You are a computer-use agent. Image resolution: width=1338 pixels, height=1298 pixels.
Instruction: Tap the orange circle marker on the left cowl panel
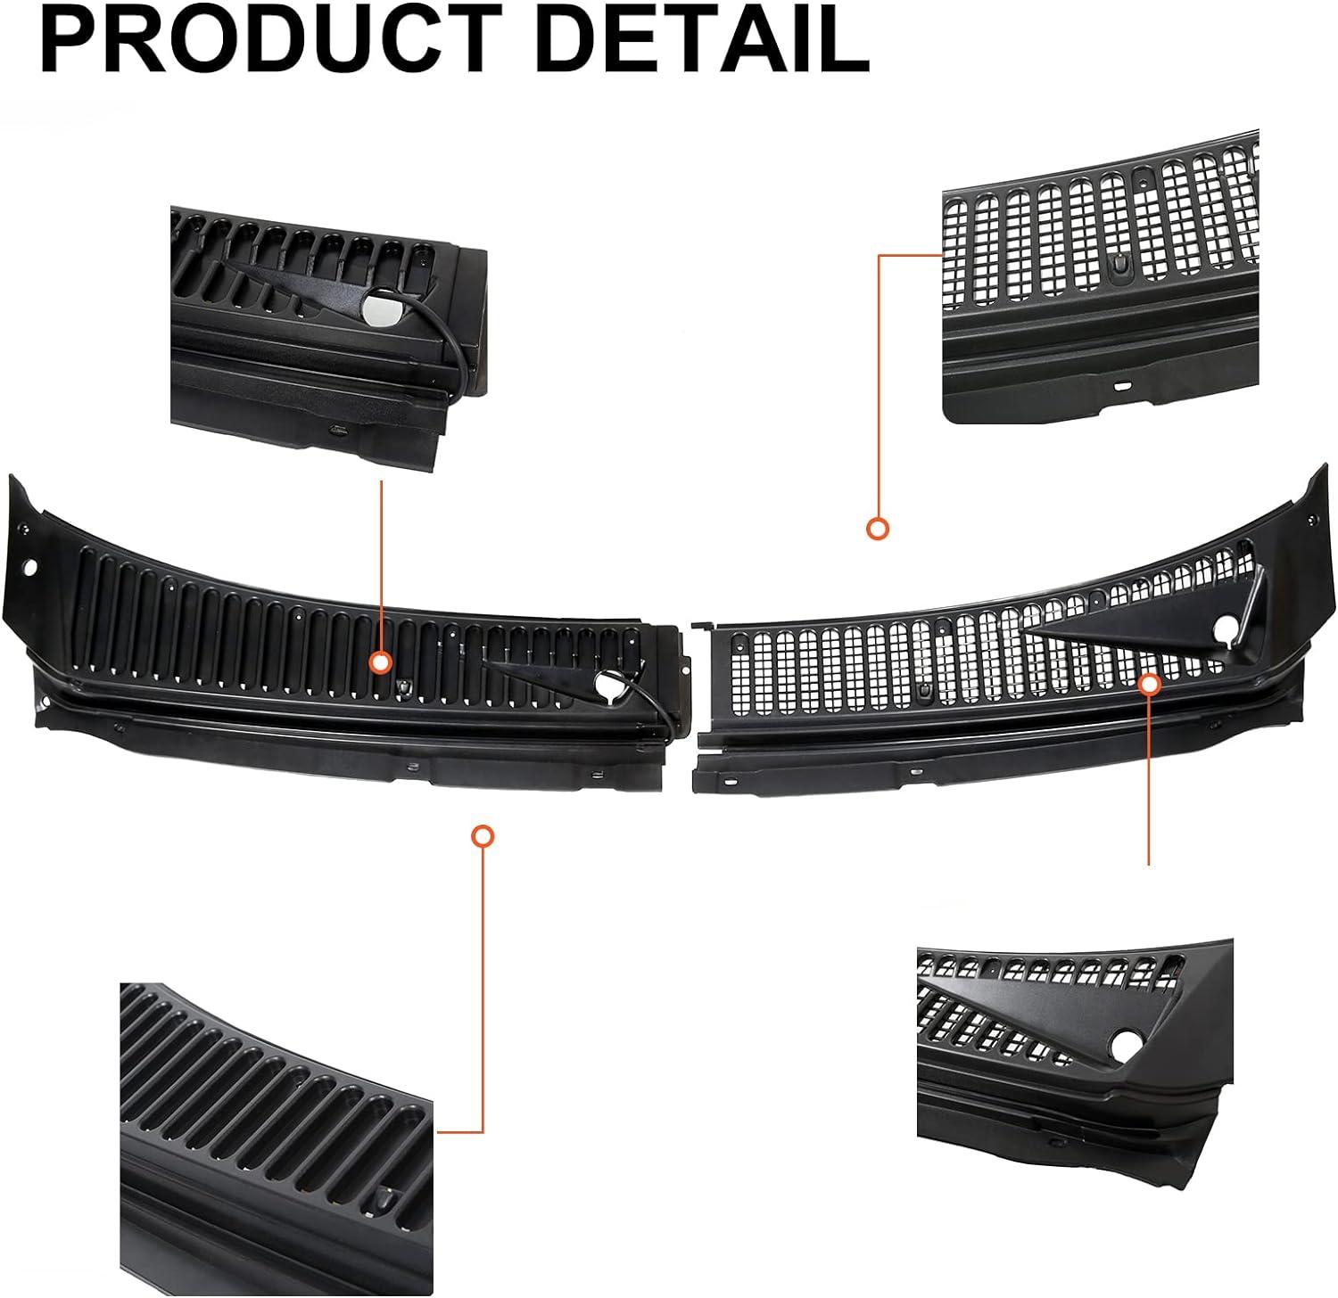(x=381, y=662)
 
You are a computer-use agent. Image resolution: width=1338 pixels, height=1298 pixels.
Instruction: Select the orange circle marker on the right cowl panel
(x=1150, y=684)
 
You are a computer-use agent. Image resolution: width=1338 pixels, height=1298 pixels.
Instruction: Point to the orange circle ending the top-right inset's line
(x=878, y=529)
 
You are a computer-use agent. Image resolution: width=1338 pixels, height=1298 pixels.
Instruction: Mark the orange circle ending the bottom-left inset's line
(x=483, y=835)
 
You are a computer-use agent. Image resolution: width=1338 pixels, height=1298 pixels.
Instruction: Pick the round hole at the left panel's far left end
(x=30, y=567)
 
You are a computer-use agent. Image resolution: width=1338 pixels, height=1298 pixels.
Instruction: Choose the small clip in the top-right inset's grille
(x=1117, y=263)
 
